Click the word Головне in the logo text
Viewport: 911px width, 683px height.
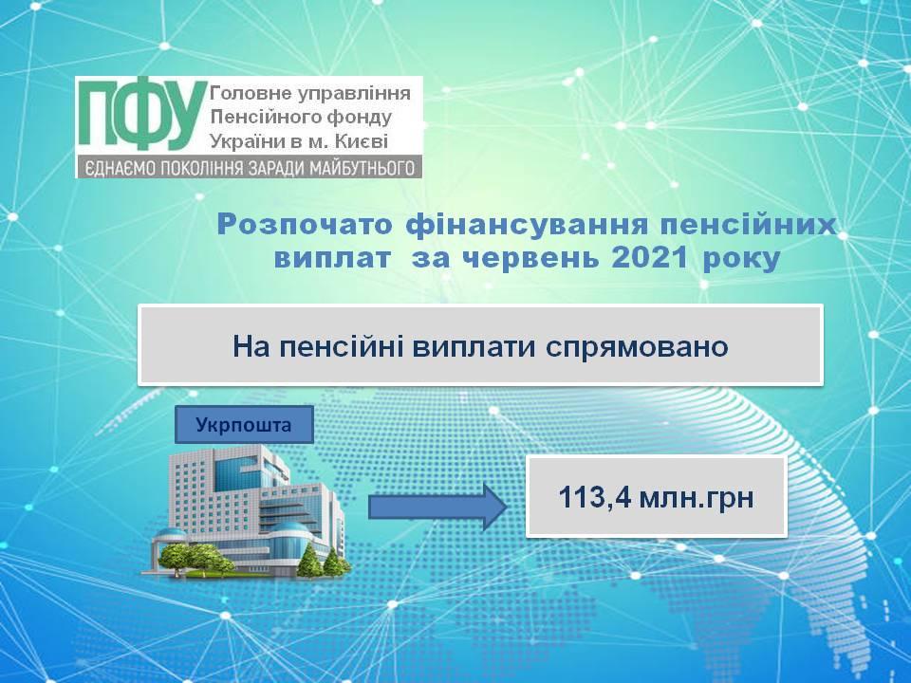[x=250, y=93]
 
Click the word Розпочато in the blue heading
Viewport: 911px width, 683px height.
[x=305, y=226]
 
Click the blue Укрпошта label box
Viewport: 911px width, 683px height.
[x=244, y=425]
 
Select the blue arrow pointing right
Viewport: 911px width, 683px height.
[x=437, y=507]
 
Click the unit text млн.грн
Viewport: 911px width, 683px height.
[x=696, y=499]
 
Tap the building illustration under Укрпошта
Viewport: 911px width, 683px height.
[x=247, y=511]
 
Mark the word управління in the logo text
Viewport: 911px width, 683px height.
[x=353, y=94]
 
